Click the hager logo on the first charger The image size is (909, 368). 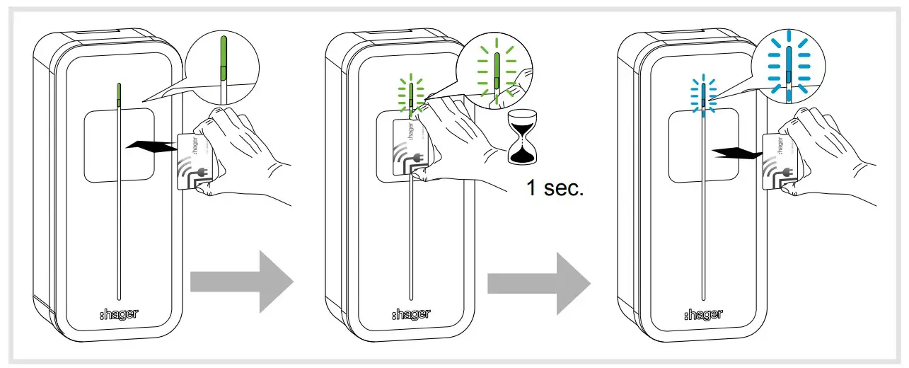coord(118,314)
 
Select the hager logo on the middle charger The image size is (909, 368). coord(410,314)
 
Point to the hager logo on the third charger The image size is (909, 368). coord(703,314)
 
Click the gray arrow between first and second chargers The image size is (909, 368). coord(241,282)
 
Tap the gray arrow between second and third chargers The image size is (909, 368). coord(538,282)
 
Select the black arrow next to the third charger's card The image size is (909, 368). coord(737,151)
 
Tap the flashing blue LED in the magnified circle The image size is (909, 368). coord(787,71)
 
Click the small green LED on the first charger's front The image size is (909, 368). coord(118,94)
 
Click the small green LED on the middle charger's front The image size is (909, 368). coord(410,96)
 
